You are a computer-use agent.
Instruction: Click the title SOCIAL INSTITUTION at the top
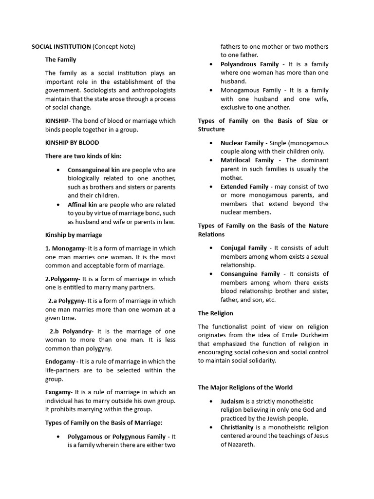pos(61,47)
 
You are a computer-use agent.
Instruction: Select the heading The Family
pos(61,60)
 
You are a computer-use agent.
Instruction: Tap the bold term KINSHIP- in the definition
pos(58,121)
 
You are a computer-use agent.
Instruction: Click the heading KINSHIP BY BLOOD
pos(72,143)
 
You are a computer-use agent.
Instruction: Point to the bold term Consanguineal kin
pos(93,170)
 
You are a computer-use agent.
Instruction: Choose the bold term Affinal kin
pos(82,205)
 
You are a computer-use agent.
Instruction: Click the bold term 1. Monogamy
pos(65,248)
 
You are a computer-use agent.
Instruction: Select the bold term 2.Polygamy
pos(62,279)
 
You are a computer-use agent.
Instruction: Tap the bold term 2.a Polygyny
pos(67,301)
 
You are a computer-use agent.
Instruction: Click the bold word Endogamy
pos(60,362)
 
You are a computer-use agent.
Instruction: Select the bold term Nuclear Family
pos(242,143)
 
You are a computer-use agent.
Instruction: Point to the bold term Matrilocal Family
pos(247,160)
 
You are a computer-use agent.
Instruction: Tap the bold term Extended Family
pos(244,187)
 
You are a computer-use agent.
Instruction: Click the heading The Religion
pos(215,313)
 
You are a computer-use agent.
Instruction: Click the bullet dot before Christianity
pos(210,427)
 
